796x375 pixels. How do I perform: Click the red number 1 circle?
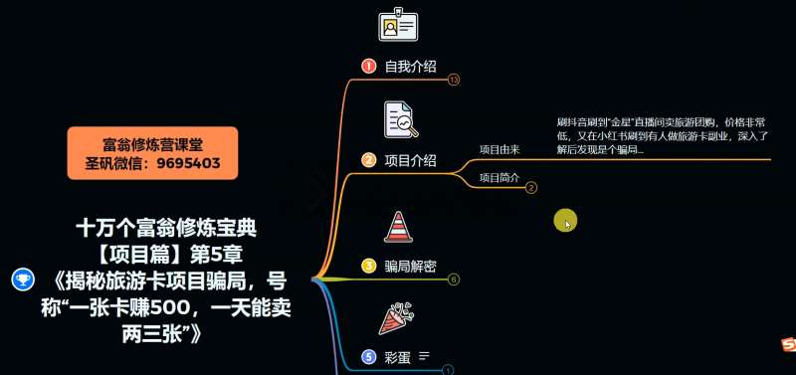point(368,67)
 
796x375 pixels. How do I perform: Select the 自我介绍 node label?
point(410,67)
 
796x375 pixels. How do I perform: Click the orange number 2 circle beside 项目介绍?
point(368,160)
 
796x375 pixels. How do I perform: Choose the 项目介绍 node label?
point(410,160)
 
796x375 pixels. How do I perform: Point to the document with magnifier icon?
point(400,120)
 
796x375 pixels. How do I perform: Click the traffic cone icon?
point(398,227)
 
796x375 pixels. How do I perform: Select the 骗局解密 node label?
point(410,266)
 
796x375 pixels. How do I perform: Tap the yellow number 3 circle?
point(368,266)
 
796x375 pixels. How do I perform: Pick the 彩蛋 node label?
point(398,356)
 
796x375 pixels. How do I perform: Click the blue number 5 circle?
point(368,356)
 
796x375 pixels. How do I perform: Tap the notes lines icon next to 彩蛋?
point(424,356)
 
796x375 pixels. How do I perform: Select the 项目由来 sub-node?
point(499,150)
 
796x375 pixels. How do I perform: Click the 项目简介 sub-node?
point(499,178)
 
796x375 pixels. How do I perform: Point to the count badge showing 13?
point(454,80)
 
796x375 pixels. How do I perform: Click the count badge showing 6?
point(454,280)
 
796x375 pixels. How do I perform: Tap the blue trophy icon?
point(21,280)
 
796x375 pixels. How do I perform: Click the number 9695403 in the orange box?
point(189,163)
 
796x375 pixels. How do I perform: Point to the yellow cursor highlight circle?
point(565,221)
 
